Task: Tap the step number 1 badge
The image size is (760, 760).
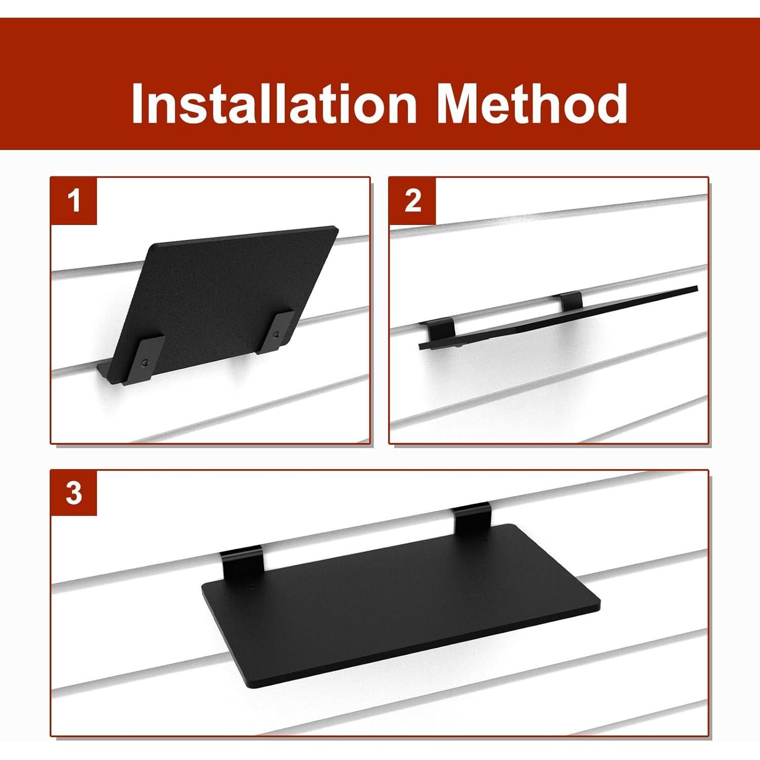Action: (74, 201)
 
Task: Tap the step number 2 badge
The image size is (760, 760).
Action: (412, 201)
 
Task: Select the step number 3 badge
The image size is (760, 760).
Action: (74, 493)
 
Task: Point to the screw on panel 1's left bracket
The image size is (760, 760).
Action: (145, 362)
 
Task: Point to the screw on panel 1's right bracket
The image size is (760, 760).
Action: (276, 335)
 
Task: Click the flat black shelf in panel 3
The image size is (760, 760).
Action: (400, 603)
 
